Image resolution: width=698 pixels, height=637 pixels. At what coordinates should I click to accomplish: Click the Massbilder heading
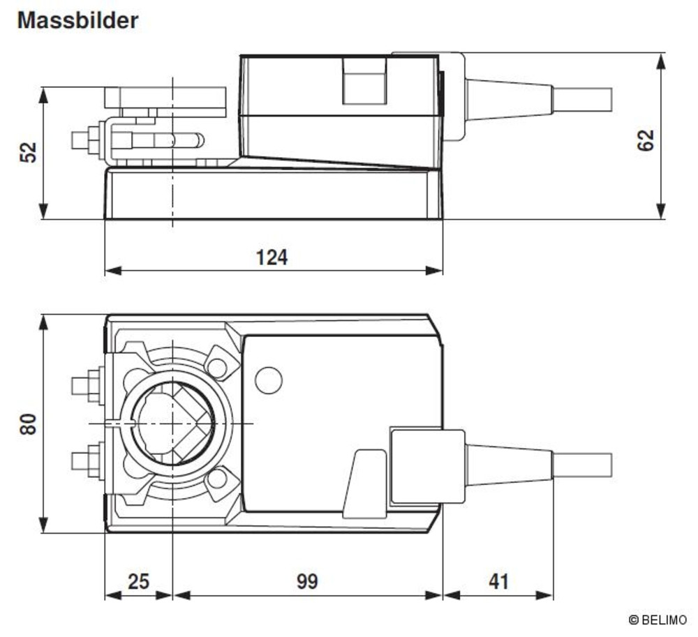click(x=77, y=20)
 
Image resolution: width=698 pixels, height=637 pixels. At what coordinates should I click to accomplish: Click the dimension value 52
click(x=29, y=152)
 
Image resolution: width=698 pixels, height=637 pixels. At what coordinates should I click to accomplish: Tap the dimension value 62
click(x=646, y=140)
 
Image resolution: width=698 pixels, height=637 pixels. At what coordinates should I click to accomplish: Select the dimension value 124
click(x=272, y=257)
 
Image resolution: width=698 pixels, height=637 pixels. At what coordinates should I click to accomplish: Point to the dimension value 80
click(x=28, y=424)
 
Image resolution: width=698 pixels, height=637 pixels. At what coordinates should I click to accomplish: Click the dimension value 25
click(x=138, y=581)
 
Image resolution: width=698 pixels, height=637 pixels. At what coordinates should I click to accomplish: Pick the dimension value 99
click(x=307, y=581)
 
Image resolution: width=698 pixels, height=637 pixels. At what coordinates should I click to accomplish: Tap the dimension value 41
click(x=498, y=581)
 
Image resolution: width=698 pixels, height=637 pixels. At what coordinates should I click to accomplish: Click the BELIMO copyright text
click(x=658, y=620)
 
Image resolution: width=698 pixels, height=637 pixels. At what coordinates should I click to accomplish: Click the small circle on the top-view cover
click(x=269, y=380)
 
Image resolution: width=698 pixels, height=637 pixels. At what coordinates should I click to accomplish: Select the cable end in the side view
click(x=582, y=99)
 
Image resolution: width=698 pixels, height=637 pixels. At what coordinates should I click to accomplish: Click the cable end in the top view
click(x=582, y=465)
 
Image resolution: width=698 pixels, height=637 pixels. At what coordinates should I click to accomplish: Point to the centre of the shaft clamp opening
click(x=172, y=423)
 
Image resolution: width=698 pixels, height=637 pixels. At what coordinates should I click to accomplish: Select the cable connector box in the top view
click(x=427, y=466)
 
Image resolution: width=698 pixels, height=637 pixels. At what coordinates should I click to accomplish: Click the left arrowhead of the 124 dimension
click(x=113, y=270)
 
